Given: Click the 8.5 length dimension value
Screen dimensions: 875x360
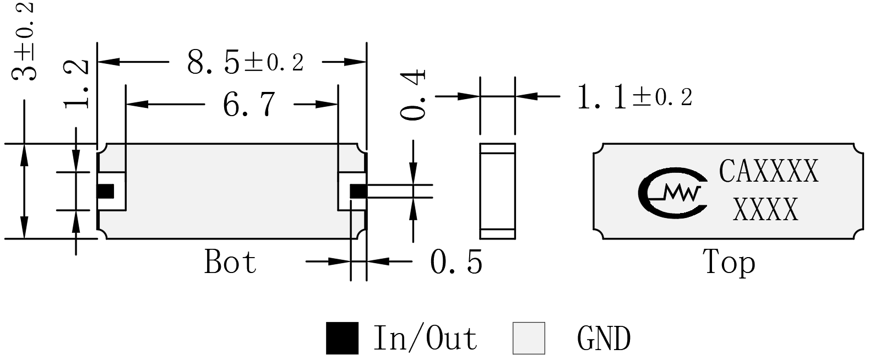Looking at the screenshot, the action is pyautogui.click(x=213, y=62).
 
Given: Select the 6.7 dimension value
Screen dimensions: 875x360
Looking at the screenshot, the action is pyautogui.click(x=249, y=104).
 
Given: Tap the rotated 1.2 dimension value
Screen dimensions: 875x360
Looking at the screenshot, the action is pyautogui.click(x=76, y=84).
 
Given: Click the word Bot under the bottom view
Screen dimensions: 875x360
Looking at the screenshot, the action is pyautogui.click(x=230, y=261).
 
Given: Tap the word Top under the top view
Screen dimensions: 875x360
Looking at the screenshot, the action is pyautogui.click(x=729, y=263).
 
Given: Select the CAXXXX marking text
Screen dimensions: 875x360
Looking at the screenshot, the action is pyautogui.click(x=768, y=171).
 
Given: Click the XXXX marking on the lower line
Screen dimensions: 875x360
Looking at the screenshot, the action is pyautogui.click(x=765, y=209).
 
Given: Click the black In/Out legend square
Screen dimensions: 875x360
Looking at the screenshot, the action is pyautogui.click(x=342, y=338).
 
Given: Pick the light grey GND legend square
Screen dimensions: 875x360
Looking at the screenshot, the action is pyautogui.click(x=529, y=338).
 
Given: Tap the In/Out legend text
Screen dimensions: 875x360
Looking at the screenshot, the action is pyautogui.click(x=426, y=338).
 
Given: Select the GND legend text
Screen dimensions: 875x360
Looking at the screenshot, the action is pyautogui.click(x=604, y=339).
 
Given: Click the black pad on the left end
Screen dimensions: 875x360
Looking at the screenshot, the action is pyautogui.click(x=106, y=192).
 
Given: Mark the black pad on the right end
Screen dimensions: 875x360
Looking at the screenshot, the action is pyautogui.click(x=358, y=192).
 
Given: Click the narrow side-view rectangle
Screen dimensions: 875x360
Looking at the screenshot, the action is pyautogui.click(x=498, y=192).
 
